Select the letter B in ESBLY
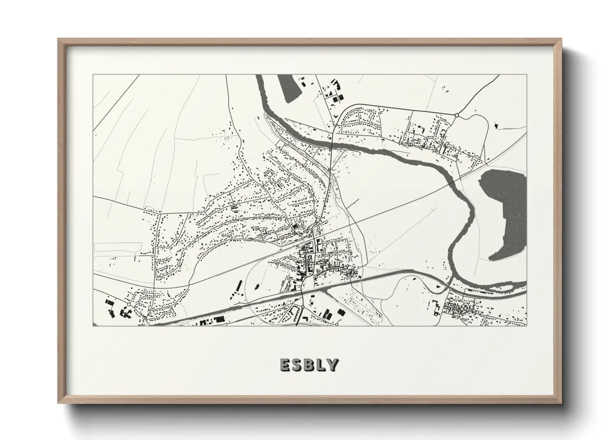coord(310,365)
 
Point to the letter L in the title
coord(322,365)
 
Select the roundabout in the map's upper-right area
coord(457,115)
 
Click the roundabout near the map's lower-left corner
coord(129,305)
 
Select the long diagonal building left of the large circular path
coord(238,287)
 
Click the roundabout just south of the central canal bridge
coord(303,307)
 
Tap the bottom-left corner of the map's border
coord(93,326)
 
